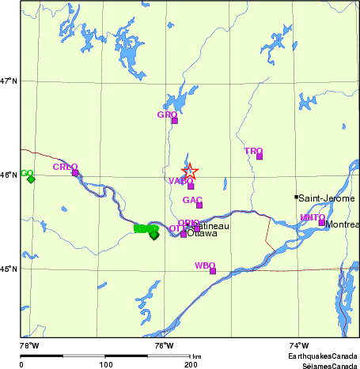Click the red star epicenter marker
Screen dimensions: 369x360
190,171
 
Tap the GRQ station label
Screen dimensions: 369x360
167,115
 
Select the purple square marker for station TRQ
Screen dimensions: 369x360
259,156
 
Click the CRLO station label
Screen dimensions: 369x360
65,167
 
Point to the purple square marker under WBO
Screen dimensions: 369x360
213,271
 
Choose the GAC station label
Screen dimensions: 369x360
192,200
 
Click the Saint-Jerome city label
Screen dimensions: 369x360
328,198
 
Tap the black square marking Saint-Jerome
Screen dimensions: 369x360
297,198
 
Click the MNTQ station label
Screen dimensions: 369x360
312,217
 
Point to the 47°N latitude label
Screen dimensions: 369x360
9,81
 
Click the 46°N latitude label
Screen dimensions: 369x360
9,175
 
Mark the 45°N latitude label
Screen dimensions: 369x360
9,269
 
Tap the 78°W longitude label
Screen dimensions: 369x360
29,345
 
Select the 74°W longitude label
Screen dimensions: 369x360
298,345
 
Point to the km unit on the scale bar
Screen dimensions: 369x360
196,356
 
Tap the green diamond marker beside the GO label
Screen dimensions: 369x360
31,179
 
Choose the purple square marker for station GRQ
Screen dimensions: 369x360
175,121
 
